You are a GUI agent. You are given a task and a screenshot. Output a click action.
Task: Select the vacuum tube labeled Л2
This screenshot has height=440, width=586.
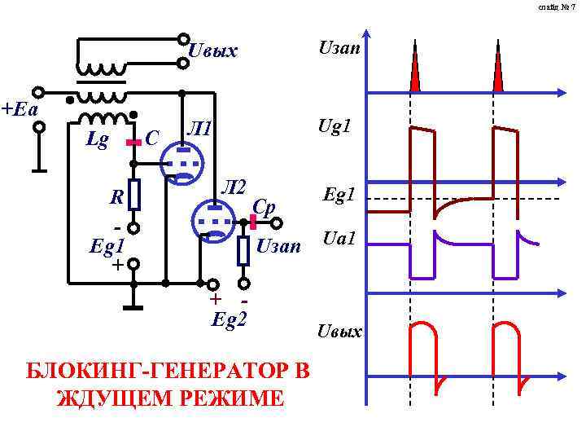pyautogui.click(x=214, y=220)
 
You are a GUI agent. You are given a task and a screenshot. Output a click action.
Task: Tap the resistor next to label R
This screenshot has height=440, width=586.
pyautogui.click(x=134, y=195)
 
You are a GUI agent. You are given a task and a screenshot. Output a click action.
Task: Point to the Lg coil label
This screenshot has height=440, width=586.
pyautogui.click(x=97, y=141)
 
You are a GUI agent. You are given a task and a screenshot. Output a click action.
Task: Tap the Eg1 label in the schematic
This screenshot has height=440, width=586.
pyautogui.click(x=107, y=245)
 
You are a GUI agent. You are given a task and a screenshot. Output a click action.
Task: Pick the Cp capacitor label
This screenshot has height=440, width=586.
pyautogui.click(x=265, y=205)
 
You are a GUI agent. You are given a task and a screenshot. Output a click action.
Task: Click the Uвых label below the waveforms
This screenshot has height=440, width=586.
pyautogui.click(x=340, y=332)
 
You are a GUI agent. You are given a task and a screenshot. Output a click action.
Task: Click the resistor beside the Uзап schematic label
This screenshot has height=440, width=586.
pyautogui.click(x=243, y=249)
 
